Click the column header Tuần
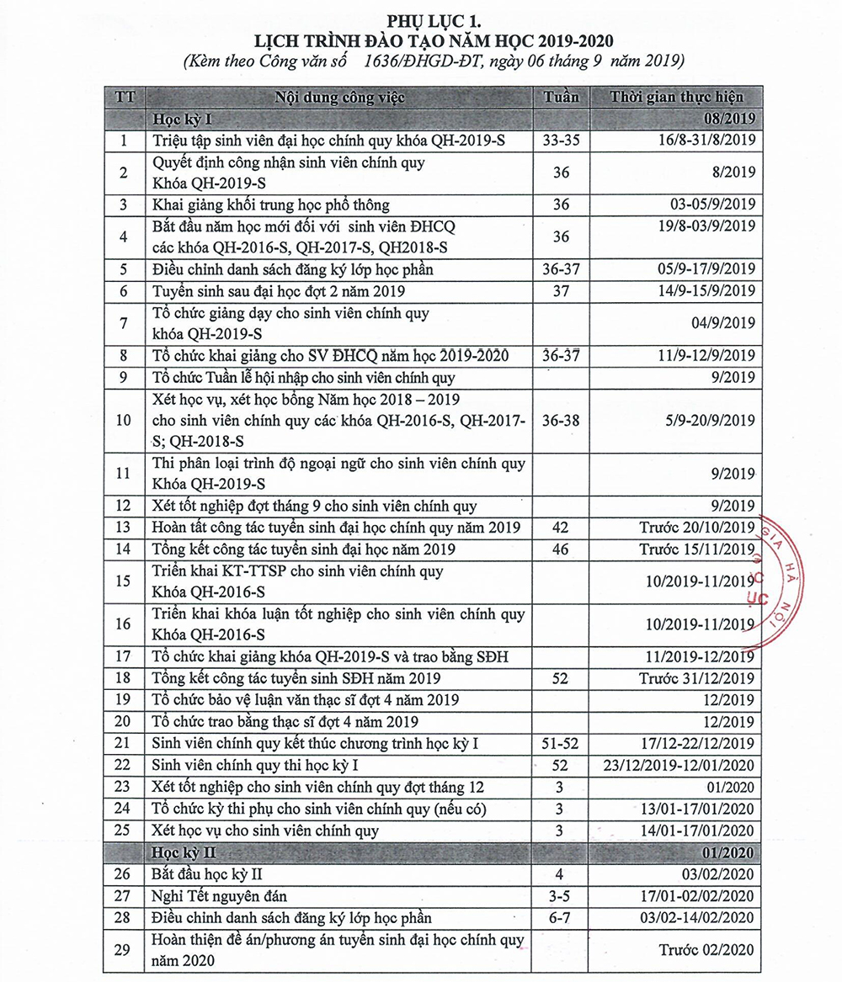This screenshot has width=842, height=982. [562, 96]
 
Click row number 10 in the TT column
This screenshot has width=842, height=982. [124, 419]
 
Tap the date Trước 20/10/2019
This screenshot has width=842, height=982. [696, 528]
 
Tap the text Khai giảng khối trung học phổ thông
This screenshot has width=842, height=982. [269, 204]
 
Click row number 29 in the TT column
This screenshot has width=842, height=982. [124, 950]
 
